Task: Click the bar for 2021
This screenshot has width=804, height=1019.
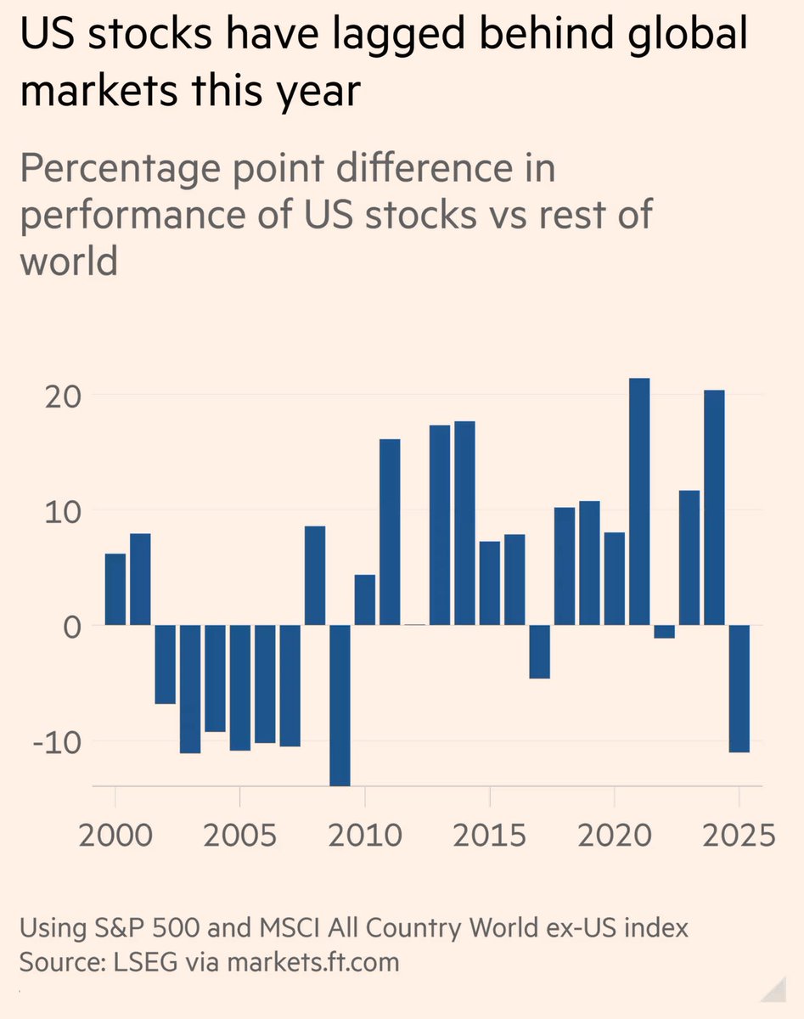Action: [639, 501]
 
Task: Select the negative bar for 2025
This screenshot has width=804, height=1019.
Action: [739, 688]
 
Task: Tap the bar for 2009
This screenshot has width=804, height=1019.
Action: [340, 705]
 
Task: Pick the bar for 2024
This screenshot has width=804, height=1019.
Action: [715, 507]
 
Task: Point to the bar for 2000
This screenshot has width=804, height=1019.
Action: [115, 588]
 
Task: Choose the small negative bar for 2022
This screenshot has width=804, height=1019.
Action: [665, 631]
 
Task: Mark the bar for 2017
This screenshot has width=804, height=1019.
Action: [539, 651]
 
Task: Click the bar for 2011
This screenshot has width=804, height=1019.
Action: [390, 532]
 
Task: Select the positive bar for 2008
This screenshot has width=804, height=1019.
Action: [315, 575]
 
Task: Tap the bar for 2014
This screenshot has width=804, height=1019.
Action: [464, 522]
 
